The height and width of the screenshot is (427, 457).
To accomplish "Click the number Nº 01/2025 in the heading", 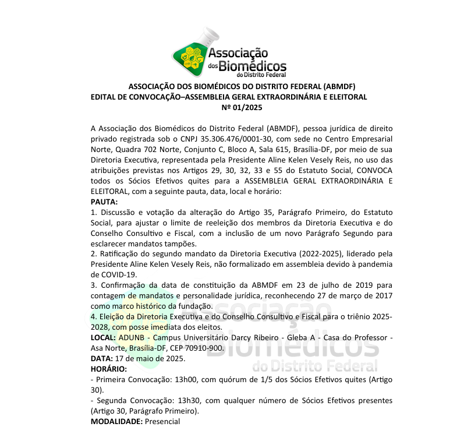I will point(242,107).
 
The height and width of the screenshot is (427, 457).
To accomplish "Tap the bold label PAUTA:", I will point(104,202).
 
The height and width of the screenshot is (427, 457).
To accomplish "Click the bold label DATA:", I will point(102,358).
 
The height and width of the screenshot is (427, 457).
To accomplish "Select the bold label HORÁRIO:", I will point(109,369).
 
